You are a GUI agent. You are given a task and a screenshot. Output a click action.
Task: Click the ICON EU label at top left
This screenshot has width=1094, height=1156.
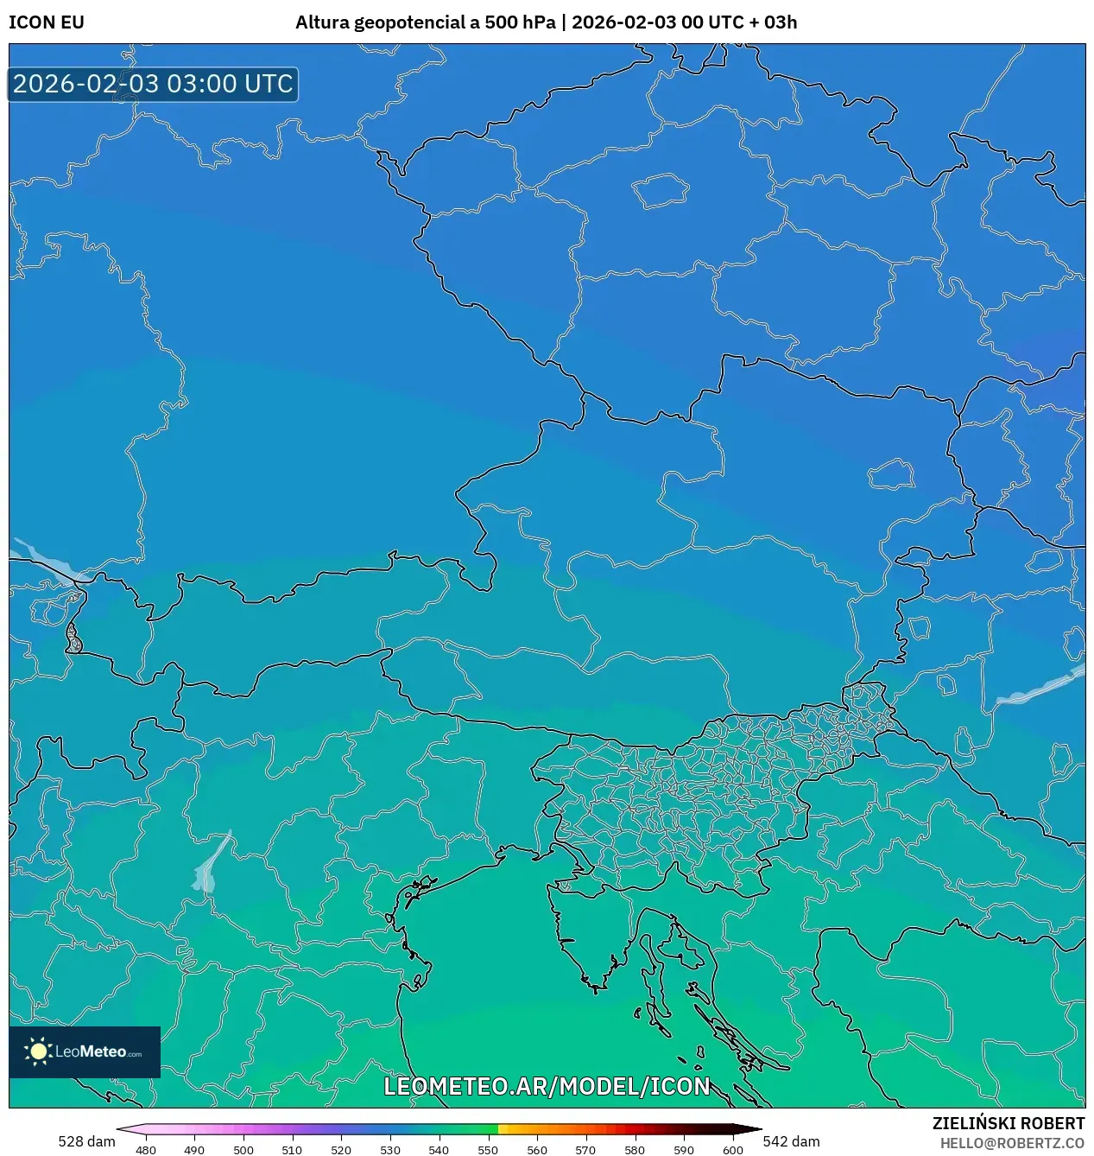[x=47, y=22]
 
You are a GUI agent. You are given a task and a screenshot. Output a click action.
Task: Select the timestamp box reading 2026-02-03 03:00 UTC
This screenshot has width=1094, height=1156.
[x=153, y=85]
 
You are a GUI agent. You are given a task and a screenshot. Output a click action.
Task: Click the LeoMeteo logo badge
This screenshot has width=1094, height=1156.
[x=85, y=1051]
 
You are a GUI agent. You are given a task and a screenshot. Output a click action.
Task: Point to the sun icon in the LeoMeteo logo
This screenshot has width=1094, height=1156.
[x=38, y=1051]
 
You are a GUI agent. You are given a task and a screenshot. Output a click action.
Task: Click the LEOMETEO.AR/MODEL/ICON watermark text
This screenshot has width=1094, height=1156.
[x=547, y=1086]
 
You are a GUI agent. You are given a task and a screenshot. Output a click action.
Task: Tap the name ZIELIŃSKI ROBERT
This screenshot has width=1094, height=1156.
[x=1008, y=1123]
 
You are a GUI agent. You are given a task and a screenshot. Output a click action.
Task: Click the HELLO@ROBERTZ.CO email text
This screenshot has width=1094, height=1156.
[x=1012, y=1143]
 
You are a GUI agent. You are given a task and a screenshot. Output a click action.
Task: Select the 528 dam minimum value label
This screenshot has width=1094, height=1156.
[x=86, y=1141]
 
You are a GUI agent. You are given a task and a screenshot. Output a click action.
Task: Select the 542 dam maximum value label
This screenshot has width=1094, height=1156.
[x=791, y=1141]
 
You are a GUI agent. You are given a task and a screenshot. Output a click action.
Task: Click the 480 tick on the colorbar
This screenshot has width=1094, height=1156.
[x=146, y=1149]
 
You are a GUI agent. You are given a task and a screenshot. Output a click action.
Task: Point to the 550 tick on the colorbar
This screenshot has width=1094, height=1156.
[x=488, y=1149]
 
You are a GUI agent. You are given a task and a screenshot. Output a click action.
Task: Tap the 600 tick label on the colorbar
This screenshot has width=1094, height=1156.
[x=732, y=1149]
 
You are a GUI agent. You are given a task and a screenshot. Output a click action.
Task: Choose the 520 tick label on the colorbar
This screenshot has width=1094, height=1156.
[x=341, y=1149]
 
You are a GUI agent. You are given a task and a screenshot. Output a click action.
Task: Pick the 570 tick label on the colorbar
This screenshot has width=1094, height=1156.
[x=585, y=1149]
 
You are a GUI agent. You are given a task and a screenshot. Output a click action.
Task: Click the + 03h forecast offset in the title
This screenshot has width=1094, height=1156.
[x=775, y=22]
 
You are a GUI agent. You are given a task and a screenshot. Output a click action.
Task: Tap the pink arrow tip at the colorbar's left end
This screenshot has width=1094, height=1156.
[x=122, y=1128]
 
